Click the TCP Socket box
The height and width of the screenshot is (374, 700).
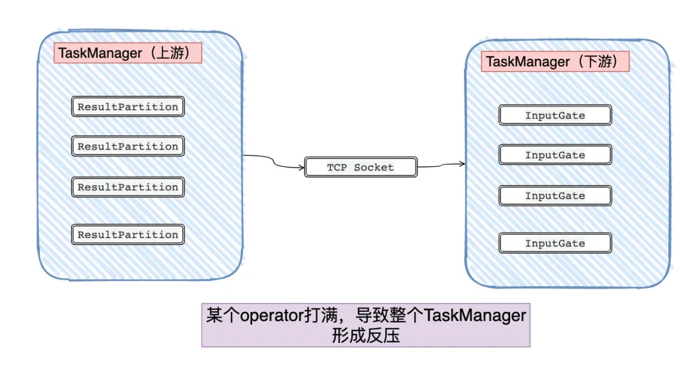(x=360, y=168)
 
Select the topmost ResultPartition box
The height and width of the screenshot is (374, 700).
(x=128, y=107)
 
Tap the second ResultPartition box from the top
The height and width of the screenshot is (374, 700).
(x=128, y=146)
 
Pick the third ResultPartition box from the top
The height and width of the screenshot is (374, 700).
(x=128, y=187)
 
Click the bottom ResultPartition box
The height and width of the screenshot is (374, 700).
(x=128, y=235)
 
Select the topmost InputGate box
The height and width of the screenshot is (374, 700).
(x=555, y=116)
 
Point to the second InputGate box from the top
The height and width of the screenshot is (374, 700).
(x=555, y=155)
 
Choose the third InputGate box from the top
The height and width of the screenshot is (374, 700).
(x=555, y=195)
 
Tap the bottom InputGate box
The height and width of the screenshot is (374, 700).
(x=555, y=243)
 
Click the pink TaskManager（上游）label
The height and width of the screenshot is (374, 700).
(x=128, y=53)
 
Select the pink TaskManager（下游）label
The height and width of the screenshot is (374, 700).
(x=555, y=61)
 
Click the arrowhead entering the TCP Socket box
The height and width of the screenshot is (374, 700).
(x=302, y=168)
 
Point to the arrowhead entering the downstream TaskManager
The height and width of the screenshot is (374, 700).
(x=463, y=164)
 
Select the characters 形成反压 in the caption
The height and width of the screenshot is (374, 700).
(x=365, y=336)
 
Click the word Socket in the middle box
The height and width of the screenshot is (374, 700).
(x=375, y=168)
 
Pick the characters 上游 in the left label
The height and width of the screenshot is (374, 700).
(x=171, y=53)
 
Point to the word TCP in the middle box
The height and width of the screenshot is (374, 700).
(x=337, y=168)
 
